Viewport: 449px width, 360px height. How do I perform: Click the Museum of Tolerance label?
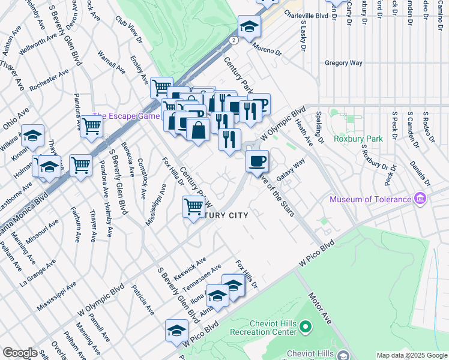370,199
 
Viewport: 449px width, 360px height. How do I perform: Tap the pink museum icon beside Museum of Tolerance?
420,199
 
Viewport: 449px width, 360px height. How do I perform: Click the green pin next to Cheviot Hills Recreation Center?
305,327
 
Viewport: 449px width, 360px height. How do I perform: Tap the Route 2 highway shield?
234,40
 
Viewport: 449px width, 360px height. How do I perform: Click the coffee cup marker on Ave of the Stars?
257,161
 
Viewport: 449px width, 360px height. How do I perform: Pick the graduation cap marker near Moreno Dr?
249,26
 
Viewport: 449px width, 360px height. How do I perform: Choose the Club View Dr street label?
128,28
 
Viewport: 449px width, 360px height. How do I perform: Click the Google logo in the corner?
20,353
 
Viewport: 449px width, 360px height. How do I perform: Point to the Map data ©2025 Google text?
412,355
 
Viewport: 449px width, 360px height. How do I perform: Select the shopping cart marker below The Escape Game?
91,127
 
